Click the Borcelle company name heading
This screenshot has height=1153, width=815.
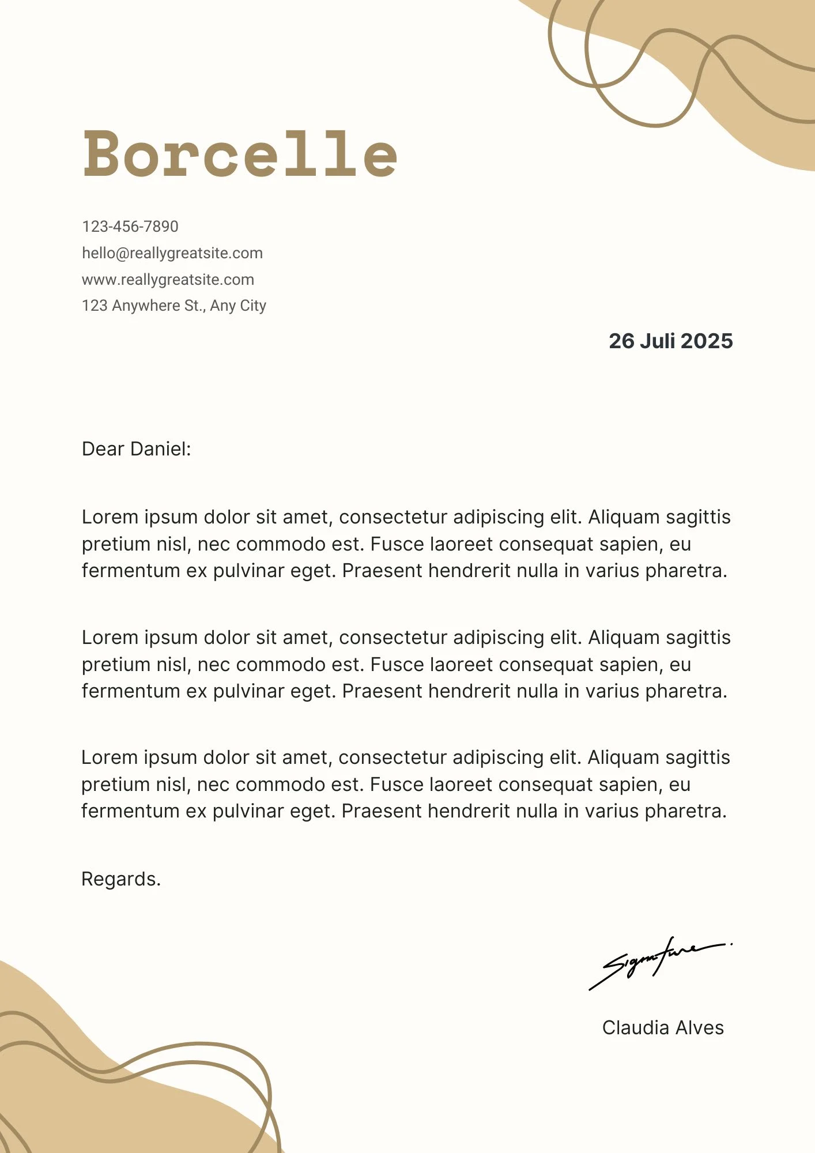(x=240, y=153)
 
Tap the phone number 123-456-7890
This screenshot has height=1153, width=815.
(x=130, y=227)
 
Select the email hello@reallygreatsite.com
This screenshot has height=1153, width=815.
(x=172, y=253)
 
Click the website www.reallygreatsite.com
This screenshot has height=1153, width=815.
(x=168, y=280)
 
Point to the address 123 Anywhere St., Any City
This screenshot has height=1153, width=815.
(x=174, y=306)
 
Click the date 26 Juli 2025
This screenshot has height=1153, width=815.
(x=670, y=341)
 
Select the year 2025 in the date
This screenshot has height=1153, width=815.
(x=707, y=341)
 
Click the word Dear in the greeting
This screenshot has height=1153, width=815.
(x=102, y=449)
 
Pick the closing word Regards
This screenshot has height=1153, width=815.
(x=121, y=879)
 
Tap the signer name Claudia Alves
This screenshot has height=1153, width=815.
(x=663, y=1028)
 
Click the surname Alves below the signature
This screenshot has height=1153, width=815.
(x=700, y=1028)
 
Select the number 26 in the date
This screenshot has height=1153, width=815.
(x=621, y=341)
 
